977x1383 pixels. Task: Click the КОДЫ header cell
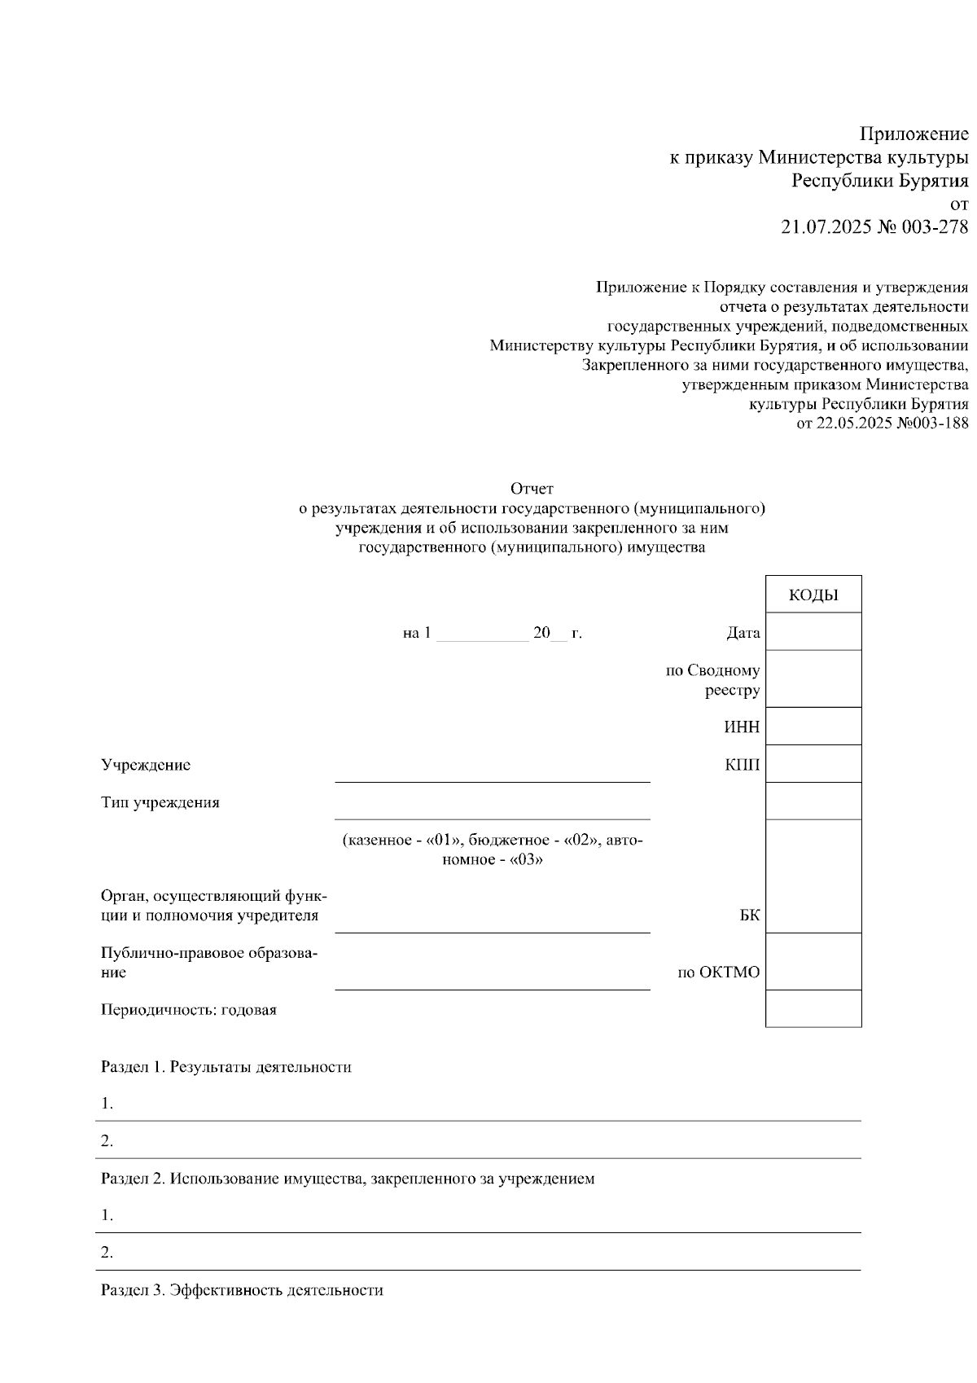pos(813,595)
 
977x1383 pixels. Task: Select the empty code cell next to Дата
pos(813,631)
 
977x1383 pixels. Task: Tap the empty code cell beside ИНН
pos(813,727)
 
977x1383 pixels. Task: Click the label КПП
pos(742,765)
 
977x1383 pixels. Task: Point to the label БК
pos(750,915)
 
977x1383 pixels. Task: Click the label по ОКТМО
pos(719,972)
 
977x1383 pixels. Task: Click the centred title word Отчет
pos(532,489)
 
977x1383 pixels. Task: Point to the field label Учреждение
pos(146,765)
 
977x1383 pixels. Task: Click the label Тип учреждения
pos(160,802)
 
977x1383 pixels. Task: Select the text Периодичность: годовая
pos(189,1010)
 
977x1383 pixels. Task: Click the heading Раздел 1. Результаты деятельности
pos(226,1067)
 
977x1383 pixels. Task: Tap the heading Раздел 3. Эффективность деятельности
pos(242,1290)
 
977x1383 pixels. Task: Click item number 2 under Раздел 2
pos(107,1253)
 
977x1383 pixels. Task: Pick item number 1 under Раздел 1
pos(107,1104)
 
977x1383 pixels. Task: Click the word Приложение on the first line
pos(914,134)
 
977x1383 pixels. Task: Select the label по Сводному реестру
pos(713,680)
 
